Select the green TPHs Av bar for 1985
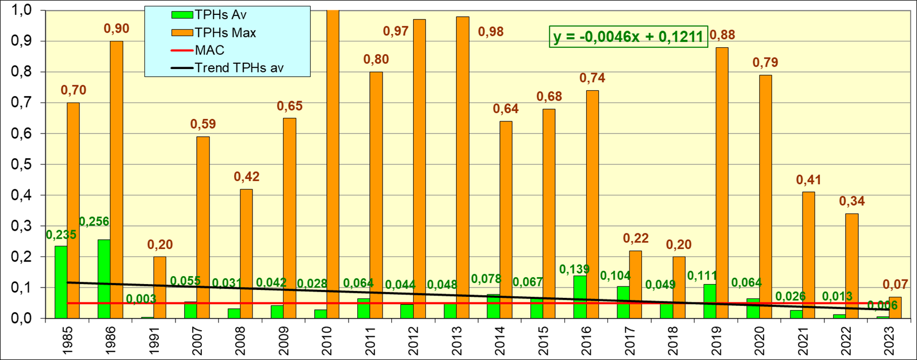(61, 282)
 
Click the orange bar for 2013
(462, 167)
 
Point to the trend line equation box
(628, 37)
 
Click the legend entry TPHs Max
(225, 33)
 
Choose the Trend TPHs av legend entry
(239, 68)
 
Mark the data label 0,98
(491, 32)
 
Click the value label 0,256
(94, 222)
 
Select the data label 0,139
(575, 269)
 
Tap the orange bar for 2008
(246, 254)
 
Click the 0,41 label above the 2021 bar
(808, 180)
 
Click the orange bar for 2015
(548, 213)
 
